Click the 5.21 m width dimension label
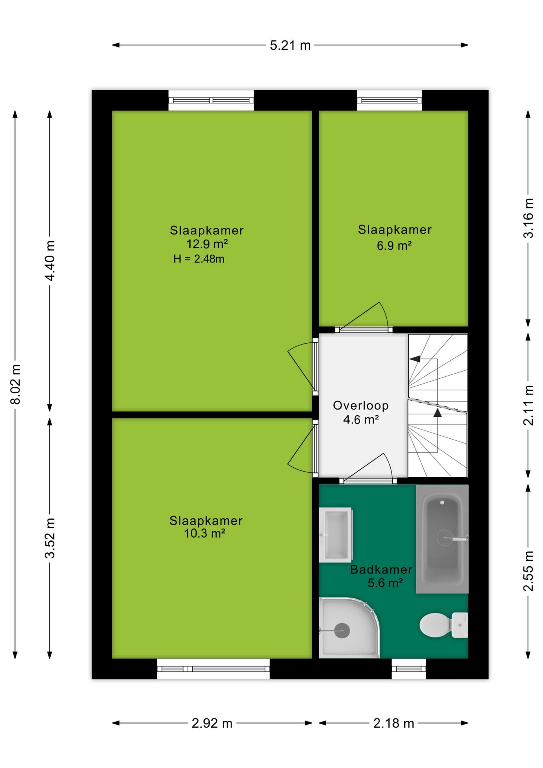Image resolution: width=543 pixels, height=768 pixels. tap(290, 45)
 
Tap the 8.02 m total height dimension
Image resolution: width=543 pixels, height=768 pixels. tap(15, 384)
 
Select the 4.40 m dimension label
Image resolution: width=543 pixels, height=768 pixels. tap(50, 260)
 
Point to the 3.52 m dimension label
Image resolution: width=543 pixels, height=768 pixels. tap(50, 538)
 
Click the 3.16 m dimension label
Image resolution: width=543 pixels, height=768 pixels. tap(528, 218)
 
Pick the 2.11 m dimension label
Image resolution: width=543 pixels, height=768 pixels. tap(528, 405)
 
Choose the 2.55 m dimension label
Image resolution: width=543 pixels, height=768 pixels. tap(528, 571)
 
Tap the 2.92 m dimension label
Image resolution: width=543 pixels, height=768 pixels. tap(212, 723)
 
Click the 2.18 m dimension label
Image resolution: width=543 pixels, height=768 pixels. tap(393, 723)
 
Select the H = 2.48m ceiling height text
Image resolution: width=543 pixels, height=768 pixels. tap(199, 259)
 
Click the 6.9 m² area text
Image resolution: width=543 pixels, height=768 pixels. tap(394, 246)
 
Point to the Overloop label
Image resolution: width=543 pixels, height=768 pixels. tap(361, 406)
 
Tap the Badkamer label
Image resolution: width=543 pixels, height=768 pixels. tap(381, 570)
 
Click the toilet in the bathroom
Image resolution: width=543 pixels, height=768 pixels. tap(444, 625)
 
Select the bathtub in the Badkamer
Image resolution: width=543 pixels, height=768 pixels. tap(442, 539)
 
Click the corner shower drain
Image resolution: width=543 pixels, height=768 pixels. tap(342, 631)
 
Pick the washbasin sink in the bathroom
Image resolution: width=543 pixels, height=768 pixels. tap(335, 535)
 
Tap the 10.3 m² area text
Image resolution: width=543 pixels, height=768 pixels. tap(204, 534)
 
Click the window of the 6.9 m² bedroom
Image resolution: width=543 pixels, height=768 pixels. tap(389, 100)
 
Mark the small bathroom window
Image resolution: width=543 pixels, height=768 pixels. tap(409, 669)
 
